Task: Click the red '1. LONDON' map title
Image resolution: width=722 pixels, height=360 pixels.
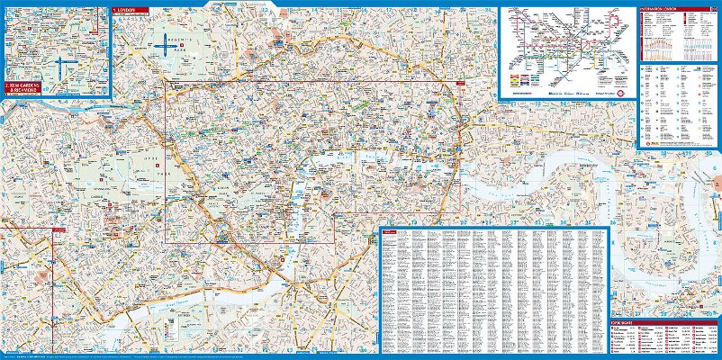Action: point(124,12)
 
